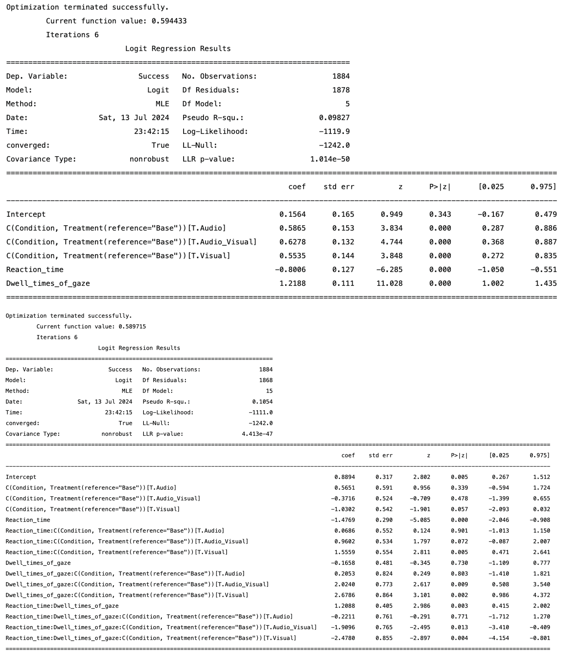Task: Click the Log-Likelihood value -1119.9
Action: pyautogui.click(x=334, y=131)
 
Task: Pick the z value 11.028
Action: pyautogui.click(x=389, y=283)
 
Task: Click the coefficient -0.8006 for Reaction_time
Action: pyautogui.click(x=290, y=269)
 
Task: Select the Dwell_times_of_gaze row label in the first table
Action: pyautogui.click(x=48, y=283)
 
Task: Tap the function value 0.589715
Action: pyautogui.click(x=132, y=326)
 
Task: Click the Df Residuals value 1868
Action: pyautogui.click(x=266, y=380)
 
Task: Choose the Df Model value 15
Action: pyautogui.click(x=269, y=391)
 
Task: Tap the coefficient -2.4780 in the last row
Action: pyautogui.click(x=343, y=638)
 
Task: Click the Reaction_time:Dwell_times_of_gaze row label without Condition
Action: pyautogui.click(x=62, y=606)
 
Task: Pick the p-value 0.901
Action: pyautogui.click(x=459, y=531)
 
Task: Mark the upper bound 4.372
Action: pyautogui.click(x=541, y=595)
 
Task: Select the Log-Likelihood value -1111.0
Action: pyautogui.click(x=261, y=412)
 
